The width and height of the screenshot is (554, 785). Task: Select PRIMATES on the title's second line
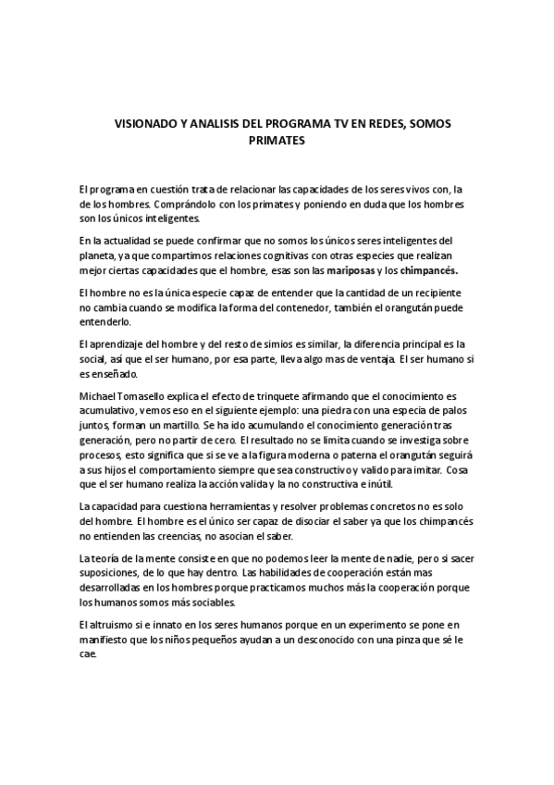pyautogui.click(x=276, y=142)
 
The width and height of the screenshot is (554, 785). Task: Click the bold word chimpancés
pyautogui.click(x=428, y=270)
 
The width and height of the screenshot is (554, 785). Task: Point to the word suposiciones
pyautogui.click(x=115, y=574)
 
